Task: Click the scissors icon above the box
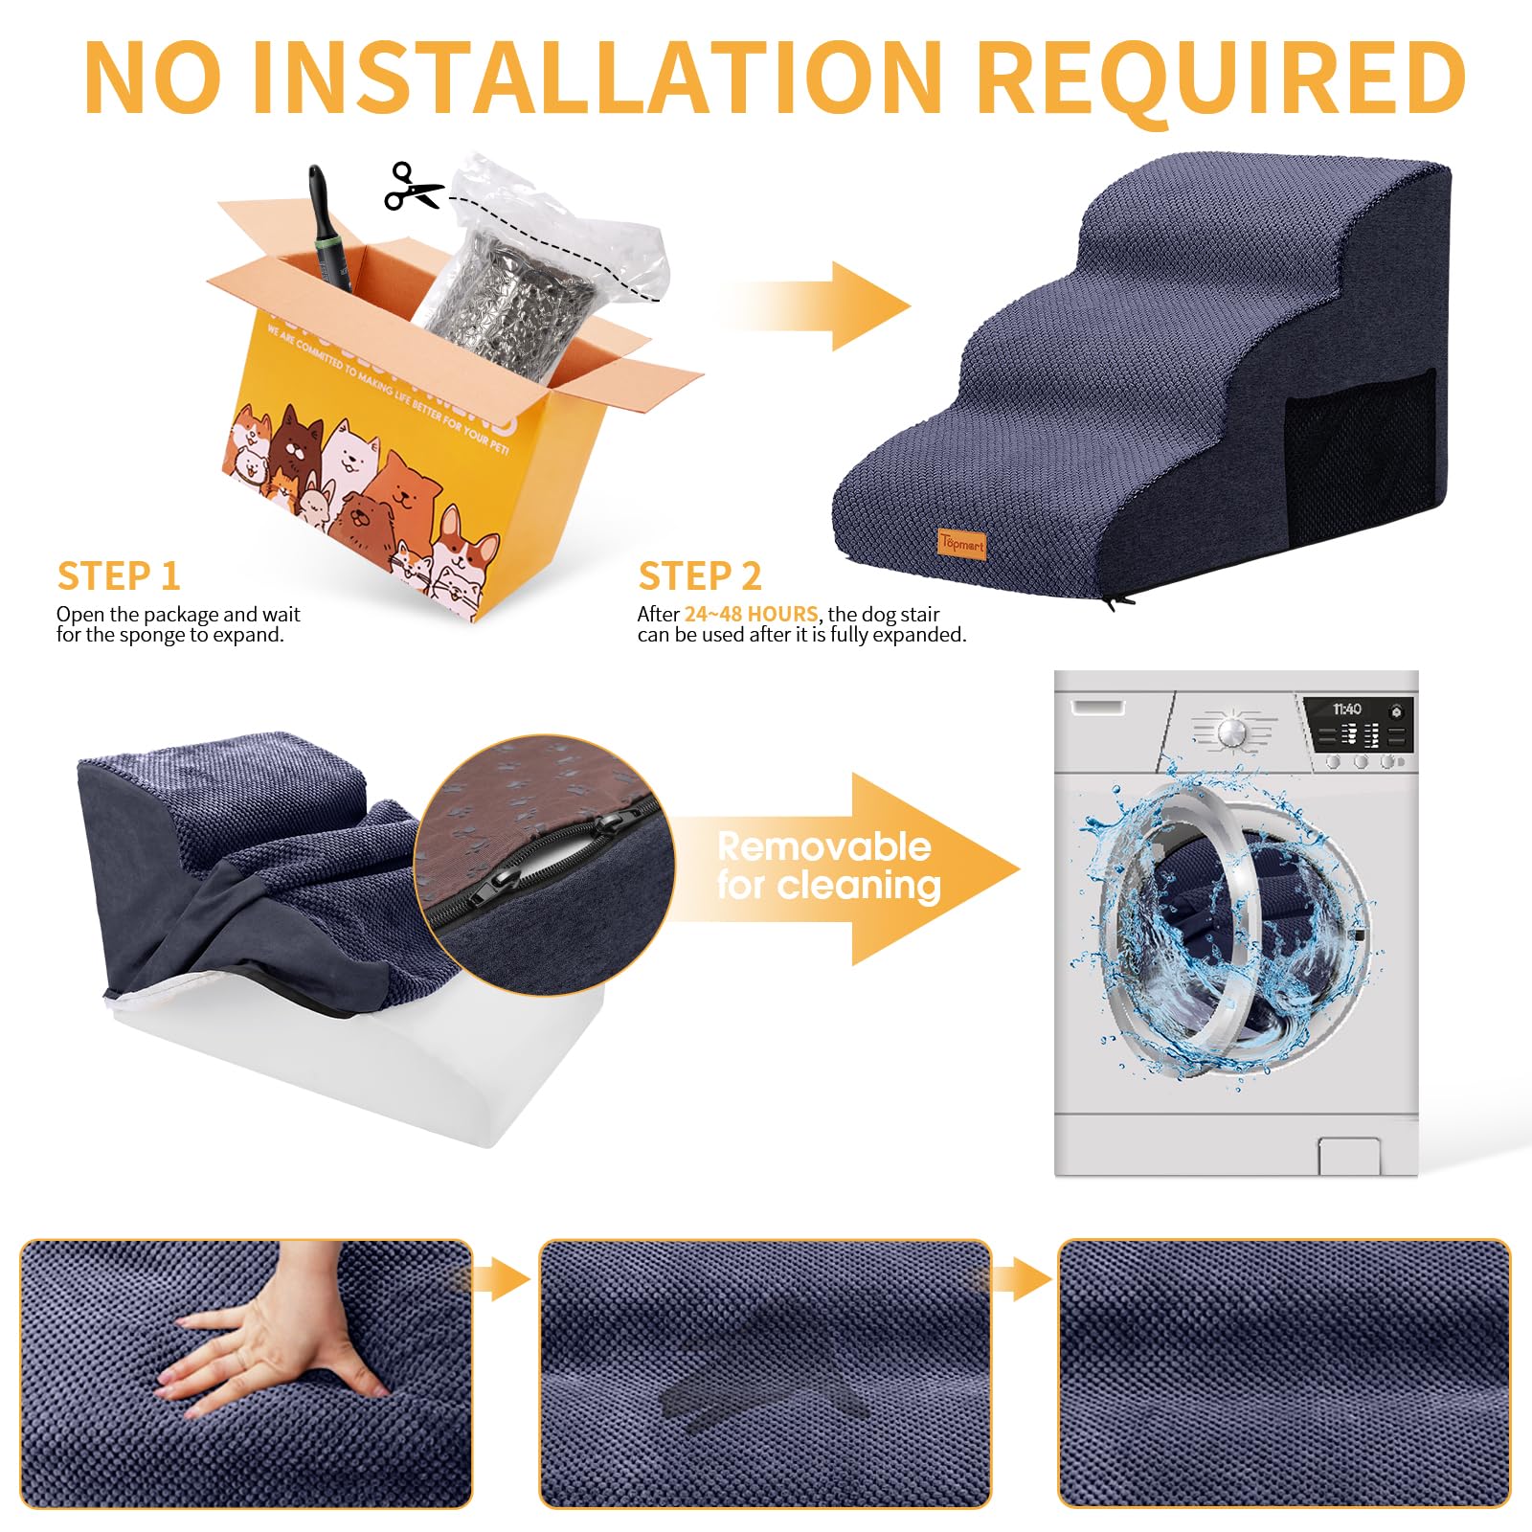tap(413, 187)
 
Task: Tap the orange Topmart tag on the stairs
tap(961, 544)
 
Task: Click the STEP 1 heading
tap(119, 576)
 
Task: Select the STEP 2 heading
tap(700, 576)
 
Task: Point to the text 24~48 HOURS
tap(751, 614)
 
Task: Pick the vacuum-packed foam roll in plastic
tap(517, 287)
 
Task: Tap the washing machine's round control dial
tap(1233, 733)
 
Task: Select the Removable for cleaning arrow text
tap(828, 867)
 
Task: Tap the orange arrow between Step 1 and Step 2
tap(823, 306)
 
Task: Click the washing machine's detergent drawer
tap(1099, 707)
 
